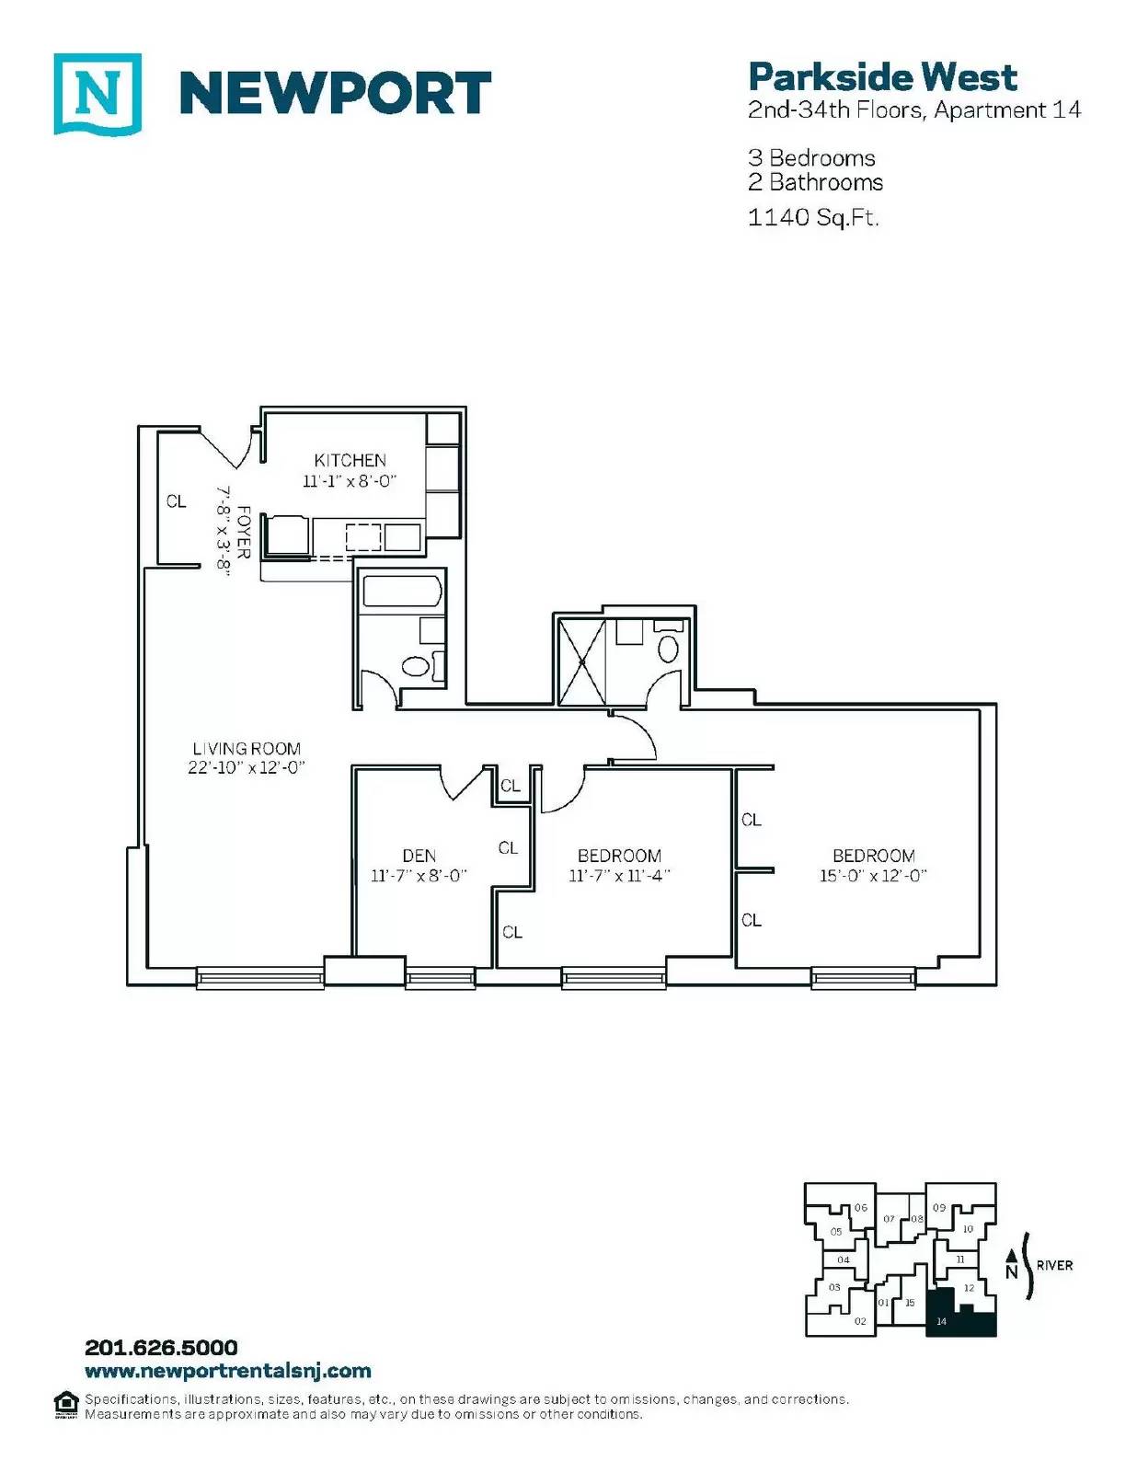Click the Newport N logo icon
click(98, 94)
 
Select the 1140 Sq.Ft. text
click(813, 217)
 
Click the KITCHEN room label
click(350, 461)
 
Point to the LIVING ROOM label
click(247, 749)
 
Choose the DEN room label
click(419, 856)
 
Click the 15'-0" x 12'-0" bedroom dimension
click(873, 876)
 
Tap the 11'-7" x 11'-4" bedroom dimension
click(620, 876)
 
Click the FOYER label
click(245, 533)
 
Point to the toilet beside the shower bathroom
click(669, 644)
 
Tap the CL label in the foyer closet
click(176, 502)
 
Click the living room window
click(260, 979)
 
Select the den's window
click(440, 979)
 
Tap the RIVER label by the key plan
click(1054, 1265)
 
